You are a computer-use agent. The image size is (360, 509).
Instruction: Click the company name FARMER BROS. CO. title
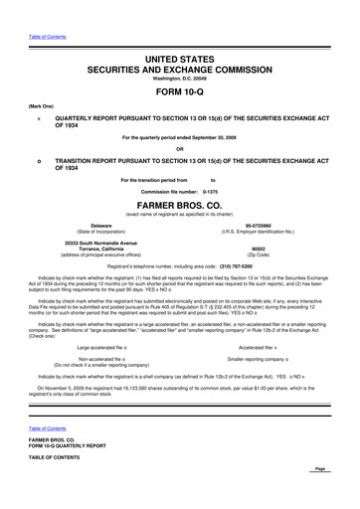point(179,210)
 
